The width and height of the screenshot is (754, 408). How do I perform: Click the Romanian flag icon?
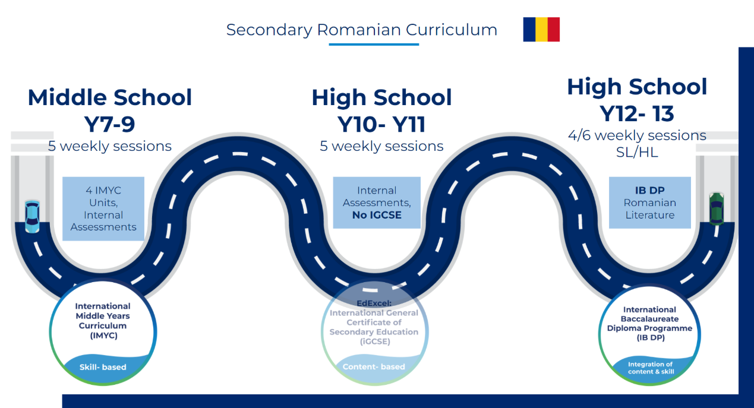[541, 29]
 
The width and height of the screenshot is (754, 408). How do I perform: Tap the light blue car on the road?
[32, 217]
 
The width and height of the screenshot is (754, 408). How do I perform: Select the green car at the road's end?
[717, 208]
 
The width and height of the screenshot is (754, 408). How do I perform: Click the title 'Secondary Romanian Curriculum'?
[361, 30]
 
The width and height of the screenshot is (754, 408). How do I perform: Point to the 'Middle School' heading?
[110, 97]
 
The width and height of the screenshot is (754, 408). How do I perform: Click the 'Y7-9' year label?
[110, 124]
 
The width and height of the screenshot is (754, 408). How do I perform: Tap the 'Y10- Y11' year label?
[381, 124]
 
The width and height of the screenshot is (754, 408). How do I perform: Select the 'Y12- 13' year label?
[637, 113]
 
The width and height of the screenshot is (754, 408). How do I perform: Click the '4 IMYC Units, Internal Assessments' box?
[103, 208]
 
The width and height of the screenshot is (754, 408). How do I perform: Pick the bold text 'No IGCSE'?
[377, 215]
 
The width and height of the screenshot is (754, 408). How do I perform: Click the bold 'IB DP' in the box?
[649, 191]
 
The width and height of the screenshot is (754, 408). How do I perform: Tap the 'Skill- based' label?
[103, 367]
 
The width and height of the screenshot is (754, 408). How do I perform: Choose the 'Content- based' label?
[374, 366]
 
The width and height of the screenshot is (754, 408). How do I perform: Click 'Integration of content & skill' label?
[651, 368]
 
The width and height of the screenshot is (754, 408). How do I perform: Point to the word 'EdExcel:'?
[374, 303]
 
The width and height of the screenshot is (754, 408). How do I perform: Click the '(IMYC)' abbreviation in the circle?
[103, 336]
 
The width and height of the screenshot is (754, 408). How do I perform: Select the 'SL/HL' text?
[637, 153]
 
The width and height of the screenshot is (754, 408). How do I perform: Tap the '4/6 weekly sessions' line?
[637, 135]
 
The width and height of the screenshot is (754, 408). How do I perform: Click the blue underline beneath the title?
[374, 45]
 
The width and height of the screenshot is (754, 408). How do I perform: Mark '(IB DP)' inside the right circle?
[651, 337]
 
